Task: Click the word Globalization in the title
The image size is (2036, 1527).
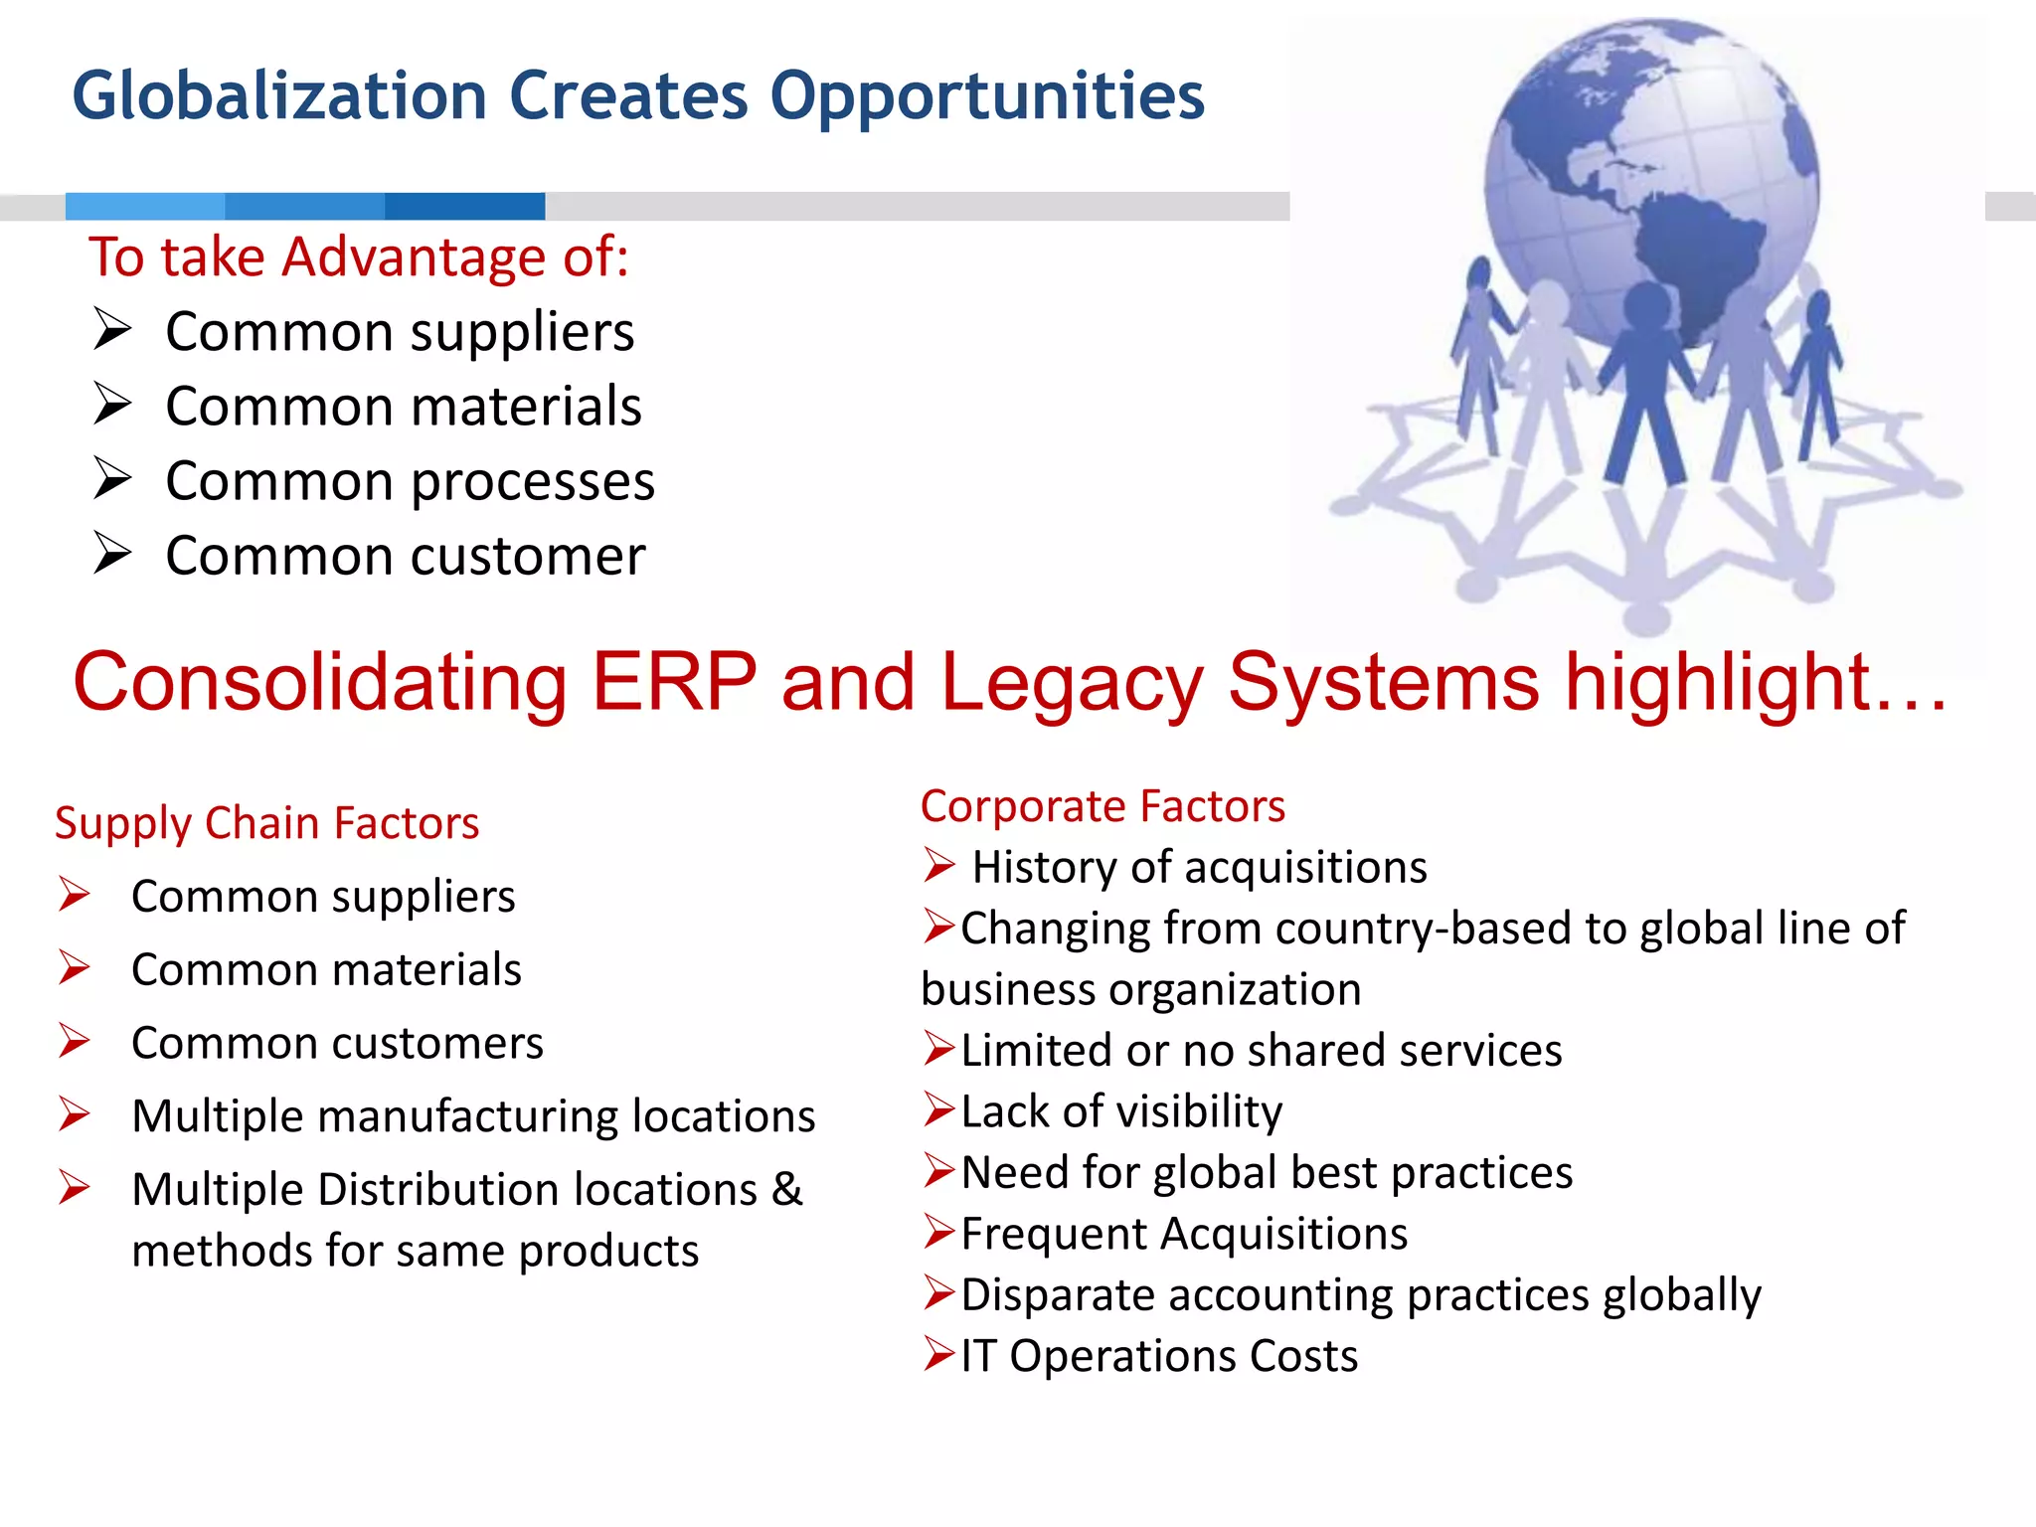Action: pyautogui.click(x=279, y=96)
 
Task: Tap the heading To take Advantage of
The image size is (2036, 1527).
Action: pyautogui.click(x=358, y=256)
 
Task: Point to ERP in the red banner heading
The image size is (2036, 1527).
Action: pyautogui.click(x=674, y=682)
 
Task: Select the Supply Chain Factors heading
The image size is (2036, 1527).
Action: pyautogui.click(x=266, y=823)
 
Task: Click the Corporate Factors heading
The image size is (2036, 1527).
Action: pyautogui.click(x=1102, y=806)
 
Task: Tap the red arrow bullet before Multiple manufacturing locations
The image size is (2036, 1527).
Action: pyautogui.click(x=75, y=1114)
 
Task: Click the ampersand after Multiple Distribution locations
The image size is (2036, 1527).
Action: pyautogui.click(x=786, y=1189)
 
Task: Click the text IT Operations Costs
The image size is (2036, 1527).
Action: pyautogui.click(x=1158, y=1356)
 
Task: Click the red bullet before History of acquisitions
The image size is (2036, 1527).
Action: pyautogui.click(x=938, y=865)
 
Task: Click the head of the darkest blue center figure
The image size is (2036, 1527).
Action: pyautogui.click(x=1647, y=304)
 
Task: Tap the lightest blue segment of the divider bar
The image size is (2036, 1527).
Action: pyautogui.click(x=145, y=206)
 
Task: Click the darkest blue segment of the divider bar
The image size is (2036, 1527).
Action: pyautogui.click(x=464, y=206)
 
